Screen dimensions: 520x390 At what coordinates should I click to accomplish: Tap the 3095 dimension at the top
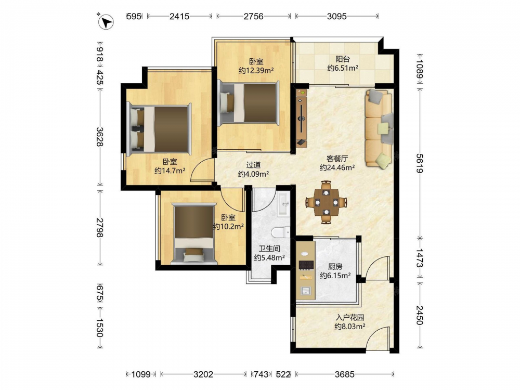[x=336, y=16]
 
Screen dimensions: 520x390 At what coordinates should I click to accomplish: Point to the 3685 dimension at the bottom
[x=345, y=374]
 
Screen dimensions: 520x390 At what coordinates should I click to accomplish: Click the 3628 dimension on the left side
[x=100, y=136]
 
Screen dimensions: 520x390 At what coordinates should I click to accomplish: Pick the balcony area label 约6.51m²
[x=343, y=68]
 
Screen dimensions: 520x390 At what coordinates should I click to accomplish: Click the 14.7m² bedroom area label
[x=170, y=171]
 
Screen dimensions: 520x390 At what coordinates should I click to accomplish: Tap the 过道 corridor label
[x=253, y=165]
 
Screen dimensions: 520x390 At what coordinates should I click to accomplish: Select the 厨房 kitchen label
[x=335, y=267]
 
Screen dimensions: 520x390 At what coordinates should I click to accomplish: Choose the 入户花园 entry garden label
[x=350, y=317]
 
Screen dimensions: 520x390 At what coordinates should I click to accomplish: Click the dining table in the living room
[x=327, y=202]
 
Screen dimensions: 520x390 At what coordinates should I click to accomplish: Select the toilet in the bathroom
[x=281, y=232]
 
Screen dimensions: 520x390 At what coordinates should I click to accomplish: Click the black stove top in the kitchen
[x=306, y=265]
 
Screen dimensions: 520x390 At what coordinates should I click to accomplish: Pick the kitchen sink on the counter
[x=305, y=291]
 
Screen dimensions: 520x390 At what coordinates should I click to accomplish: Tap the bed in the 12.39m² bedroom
[x=249, y=103]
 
